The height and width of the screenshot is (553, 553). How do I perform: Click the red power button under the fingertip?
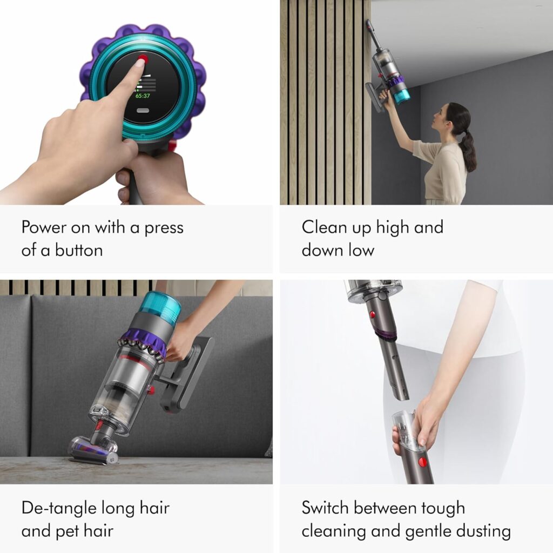pyautogui.click(x=143, y=58)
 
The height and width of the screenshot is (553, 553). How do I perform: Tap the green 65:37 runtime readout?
pyautogui.click(x=143, y=96)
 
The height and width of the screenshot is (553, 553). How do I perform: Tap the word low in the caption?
pyautogui.click(x=361, y=251)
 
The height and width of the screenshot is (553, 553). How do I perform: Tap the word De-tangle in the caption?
pyautogui.click(x=58, y=508)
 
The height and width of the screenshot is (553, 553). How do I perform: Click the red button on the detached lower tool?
pyautogui.click(x=422, y=462)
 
